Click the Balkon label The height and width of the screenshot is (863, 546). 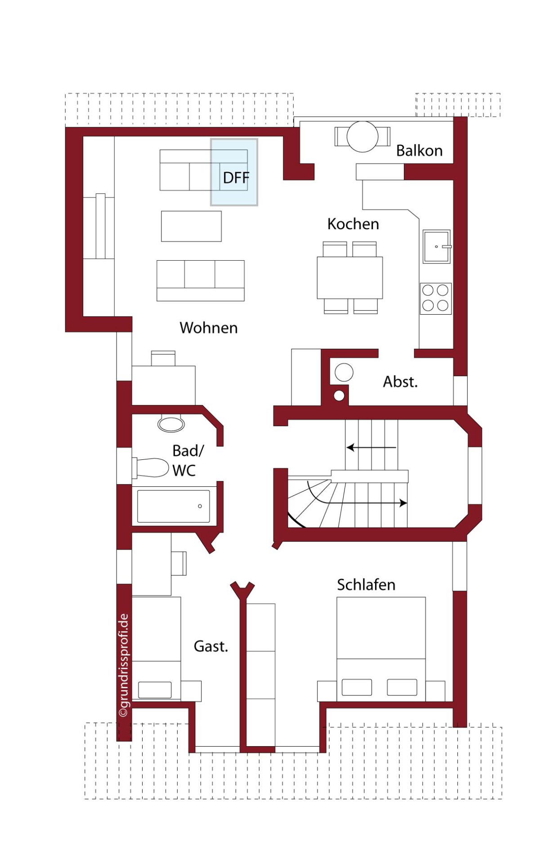419,151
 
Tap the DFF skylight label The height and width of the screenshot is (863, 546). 236,178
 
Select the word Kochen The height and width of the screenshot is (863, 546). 353,224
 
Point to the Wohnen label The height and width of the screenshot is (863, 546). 209,328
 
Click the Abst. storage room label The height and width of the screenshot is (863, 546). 400,382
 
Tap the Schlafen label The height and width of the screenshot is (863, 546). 366,585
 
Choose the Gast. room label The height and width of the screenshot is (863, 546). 211,646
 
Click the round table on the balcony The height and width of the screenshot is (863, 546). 363,137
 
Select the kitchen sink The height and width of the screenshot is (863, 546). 437,247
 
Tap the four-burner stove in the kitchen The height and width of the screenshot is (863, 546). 435,298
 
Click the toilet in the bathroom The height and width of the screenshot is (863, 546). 150,468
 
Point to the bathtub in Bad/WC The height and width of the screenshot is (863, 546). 173,506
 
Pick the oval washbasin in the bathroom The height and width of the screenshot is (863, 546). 171,424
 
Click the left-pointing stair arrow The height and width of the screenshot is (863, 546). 371,448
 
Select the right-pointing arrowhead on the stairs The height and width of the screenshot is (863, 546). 403,503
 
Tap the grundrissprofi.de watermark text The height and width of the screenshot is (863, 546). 124,666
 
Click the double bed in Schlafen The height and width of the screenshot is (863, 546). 381,649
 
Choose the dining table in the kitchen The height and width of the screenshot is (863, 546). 350,278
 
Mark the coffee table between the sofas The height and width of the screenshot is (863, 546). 192,226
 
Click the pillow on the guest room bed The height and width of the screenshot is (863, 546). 155,690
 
